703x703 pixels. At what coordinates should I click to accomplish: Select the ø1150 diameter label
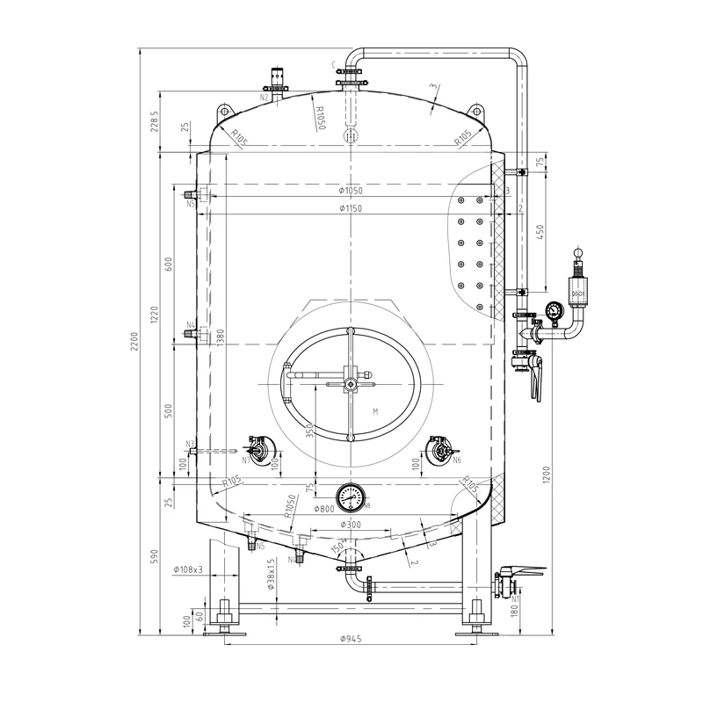coord(351,208)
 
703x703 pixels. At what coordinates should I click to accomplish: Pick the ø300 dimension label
coord(351,525)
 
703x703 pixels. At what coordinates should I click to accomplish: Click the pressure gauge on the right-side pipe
coord(553,310)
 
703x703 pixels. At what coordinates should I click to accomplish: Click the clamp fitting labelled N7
coord(258,450)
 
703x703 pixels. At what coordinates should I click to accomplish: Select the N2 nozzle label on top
coord(264,98)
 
